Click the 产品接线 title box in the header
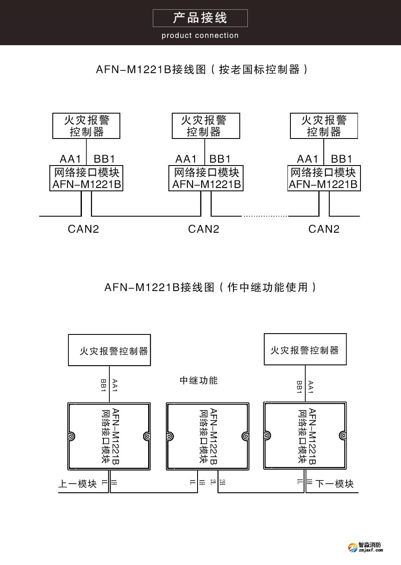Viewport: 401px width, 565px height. (200, 18)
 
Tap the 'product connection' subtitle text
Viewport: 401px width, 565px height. (200, 36)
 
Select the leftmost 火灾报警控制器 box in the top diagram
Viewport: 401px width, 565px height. (86, 126)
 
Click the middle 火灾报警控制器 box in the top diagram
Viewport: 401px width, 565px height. (206, 126)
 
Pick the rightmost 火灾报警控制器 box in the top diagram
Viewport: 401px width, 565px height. (324, 126)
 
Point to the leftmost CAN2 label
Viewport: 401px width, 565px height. (83, 229)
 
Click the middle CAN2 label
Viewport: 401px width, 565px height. (203, 229)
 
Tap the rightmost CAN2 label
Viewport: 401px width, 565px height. (324, 229)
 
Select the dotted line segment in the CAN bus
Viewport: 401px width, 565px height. (265, 216)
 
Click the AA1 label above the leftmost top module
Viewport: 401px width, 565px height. (70, 159)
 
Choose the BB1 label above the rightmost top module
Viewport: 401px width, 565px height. (341, 159)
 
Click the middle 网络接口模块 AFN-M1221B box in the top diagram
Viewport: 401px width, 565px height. (206, 179)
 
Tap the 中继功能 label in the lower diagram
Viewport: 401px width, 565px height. (198, 380)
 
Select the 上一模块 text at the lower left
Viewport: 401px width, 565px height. (78, 484)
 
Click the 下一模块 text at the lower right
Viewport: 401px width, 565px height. (334, 484)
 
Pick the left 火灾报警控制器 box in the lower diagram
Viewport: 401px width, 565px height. (109, 350)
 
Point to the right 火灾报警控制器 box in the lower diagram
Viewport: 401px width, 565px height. (305, 350)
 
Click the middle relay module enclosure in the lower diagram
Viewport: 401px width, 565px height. (207, 436)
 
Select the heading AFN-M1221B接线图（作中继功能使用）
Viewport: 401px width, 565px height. (210, 288)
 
